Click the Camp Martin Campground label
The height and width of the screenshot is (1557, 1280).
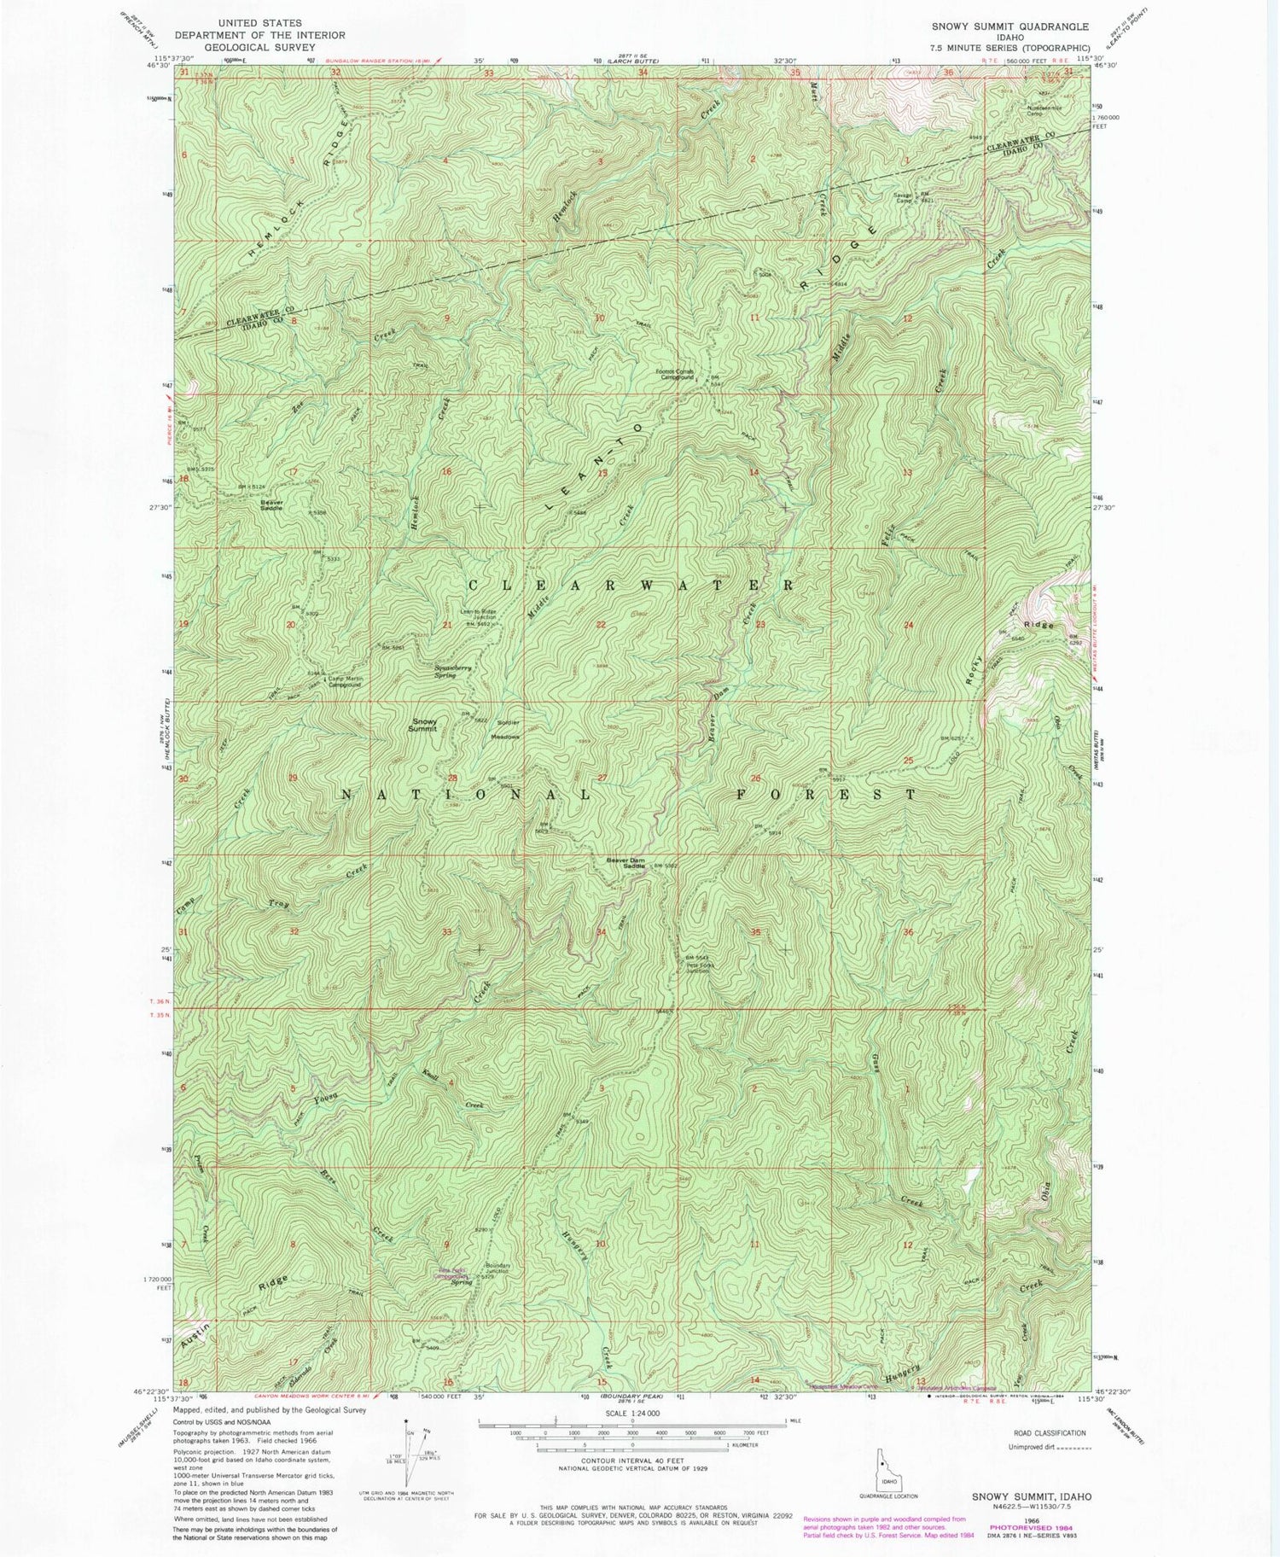pos(351,681)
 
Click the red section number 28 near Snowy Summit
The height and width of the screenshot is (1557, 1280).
pos(453,778)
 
